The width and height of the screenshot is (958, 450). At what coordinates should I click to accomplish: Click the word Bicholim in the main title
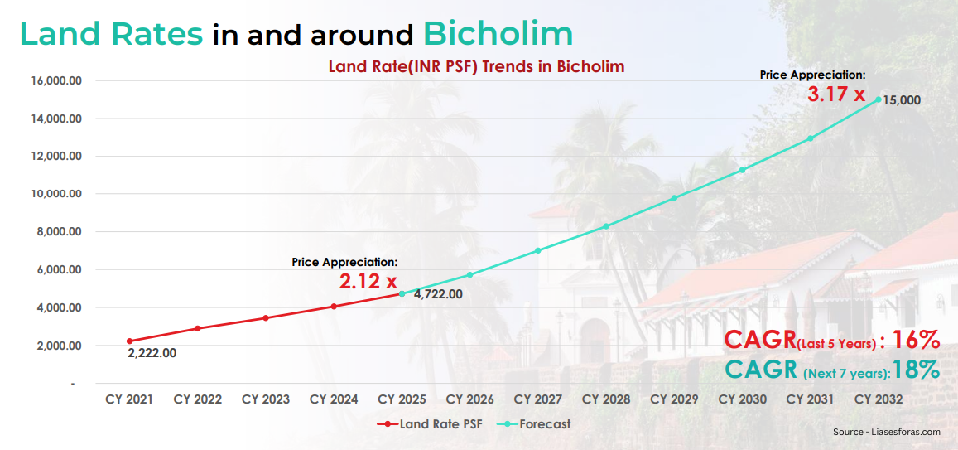click(x=498, y=34)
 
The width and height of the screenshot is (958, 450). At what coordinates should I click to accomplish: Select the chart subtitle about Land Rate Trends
click(x=476, y=66)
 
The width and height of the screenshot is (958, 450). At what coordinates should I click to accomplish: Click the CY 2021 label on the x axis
click(x=129, y=399)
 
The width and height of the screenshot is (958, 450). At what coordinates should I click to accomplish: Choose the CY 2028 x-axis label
click(x=606, y=399)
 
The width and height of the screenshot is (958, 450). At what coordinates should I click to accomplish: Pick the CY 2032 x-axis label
click(x=879, y=399)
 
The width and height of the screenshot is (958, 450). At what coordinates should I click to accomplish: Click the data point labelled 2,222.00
click(x=129, y=341)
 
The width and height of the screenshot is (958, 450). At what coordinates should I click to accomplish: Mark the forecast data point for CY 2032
click(x=879, y=99)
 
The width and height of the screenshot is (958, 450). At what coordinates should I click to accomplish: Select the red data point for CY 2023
click(x=266, y=318)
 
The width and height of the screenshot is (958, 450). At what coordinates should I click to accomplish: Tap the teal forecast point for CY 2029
click(x=674, y=198)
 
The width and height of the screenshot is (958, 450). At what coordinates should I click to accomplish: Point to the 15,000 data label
click(x=902, y=100)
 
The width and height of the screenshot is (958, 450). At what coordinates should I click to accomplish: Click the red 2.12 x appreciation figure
click(x=368, y=282)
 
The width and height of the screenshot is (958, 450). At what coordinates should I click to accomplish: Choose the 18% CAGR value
click(x=917, y=370)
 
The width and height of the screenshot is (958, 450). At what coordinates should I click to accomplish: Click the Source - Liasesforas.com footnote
click(x=887, y=432)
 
